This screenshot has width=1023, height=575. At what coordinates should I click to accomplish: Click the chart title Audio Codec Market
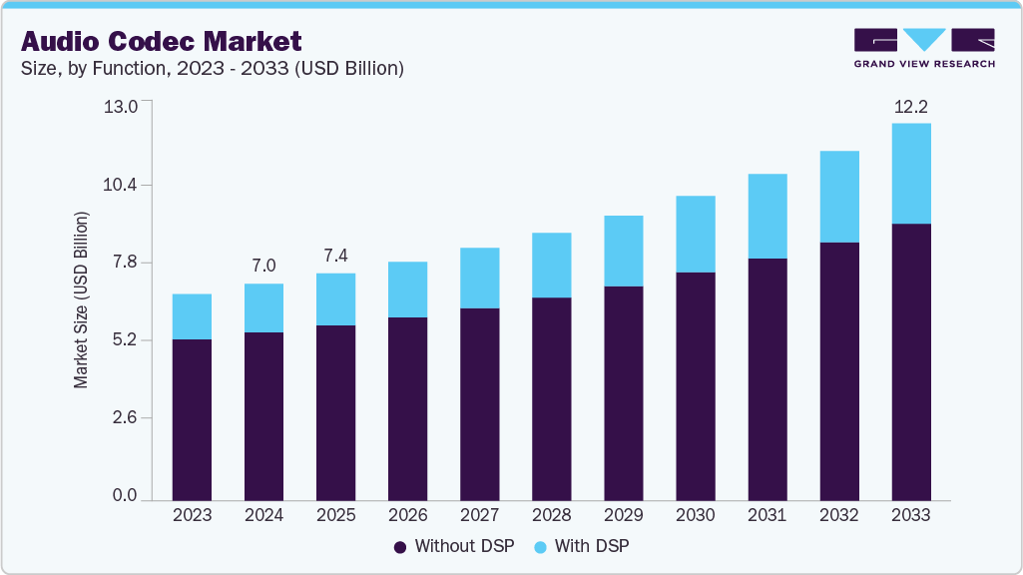[161, 41]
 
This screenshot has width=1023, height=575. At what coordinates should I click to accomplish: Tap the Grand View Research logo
[923, 48]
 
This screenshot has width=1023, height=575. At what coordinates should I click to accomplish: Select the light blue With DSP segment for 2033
[910, 174]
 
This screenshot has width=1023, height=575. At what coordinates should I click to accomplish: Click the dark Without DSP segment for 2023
[192, 419]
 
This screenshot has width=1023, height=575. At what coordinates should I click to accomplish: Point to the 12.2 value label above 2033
[910, 106]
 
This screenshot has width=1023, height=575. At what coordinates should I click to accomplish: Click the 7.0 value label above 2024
[263, 266]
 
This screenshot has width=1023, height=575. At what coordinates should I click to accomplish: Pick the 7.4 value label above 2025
[335, 256]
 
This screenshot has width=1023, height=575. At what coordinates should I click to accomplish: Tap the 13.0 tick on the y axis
[123, 107]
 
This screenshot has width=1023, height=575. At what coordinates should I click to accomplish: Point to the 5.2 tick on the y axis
[123, 340]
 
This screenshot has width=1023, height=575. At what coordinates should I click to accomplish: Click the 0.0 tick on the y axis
[123, 495]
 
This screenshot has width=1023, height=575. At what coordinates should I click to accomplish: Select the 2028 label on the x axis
[551, 516]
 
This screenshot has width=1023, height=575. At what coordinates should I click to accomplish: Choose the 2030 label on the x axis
[695, 516]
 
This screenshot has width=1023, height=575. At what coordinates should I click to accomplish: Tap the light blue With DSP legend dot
[539, 547]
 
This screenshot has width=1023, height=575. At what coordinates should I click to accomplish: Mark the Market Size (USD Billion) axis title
[81, 299]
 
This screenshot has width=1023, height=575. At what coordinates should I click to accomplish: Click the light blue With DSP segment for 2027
[479, 278]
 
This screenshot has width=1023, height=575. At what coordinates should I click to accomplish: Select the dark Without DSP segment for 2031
[767, 379]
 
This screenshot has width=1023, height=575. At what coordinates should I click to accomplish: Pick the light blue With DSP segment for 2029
[623, 251]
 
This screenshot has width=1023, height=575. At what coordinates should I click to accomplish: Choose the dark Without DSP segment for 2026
[407, 408]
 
